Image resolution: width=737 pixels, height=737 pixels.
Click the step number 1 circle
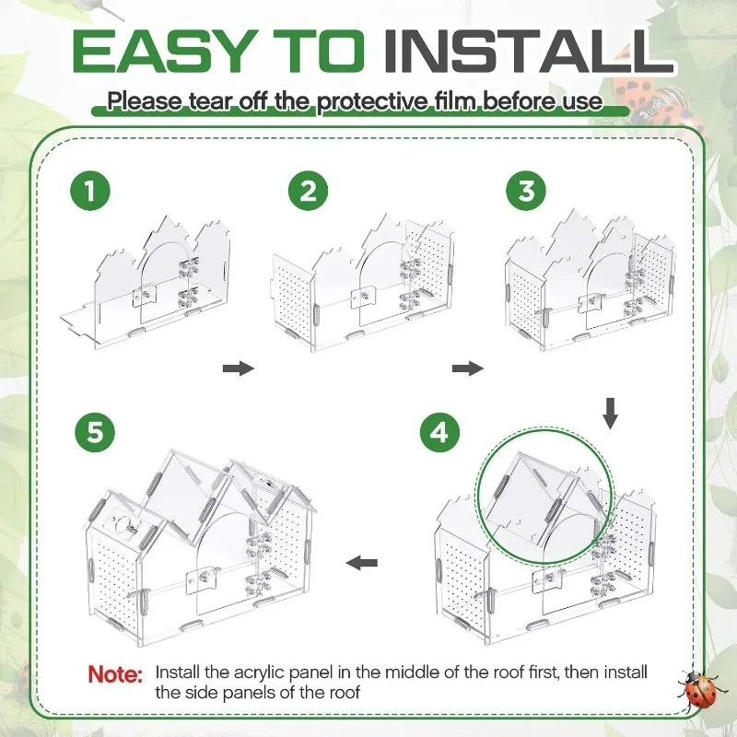click(x=90, y=192)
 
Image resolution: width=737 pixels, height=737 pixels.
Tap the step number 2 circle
click(x=309, y=191)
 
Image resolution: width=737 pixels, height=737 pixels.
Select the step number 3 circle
click(x=526, y=191)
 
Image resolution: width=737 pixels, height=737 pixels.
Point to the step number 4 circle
click(x=440, y=432)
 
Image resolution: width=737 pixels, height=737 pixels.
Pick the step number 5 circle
click(x=95, y=432)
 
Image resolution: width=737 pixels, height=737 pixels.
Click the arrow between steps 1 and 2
click(x=239, y=368)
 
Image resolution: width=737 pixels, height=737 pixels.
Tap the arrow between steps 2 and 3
click(x=468, y=368)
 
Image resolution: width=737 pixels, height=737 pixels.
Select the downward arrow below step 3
click(x=610, y=414)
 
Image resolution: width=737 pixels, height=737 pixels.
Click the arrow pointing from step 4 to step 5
click(x=362, y=562)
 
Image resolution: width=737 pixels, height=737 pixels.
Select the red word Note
click(x=114, y=674)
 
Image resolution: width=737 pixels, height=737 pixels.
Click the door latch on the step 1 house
click(x=145, y=296)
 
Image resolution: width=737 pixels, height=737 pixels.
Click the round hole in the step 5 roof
click(x=124, y=523)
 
